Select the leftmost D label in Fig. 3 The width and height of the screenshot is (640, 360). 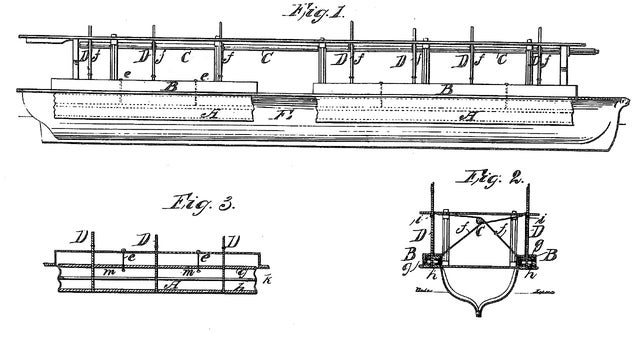click(76, 238)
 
